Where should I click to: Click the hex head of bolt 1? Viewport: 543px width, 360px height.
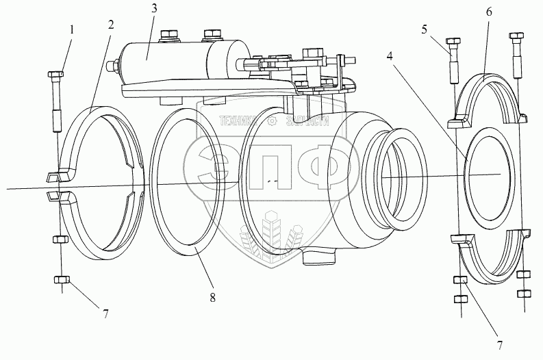click(x=56, y=74)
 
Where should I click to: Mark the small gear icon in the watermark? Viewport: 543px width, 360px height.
click(x=272, y=123)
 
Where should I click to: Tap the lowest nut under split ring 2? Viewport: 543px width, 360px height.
click(x=60, y=281)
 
